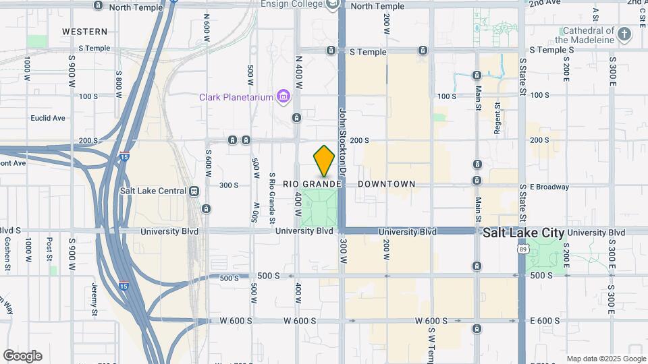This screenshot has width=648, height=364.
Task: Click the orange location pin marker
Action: tap(324, 160)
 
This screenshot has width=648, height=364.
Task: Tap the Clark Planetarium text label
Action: tap(236, 97)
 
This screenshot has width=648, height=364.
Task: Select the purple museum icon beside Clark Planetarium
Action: tap(283, 98)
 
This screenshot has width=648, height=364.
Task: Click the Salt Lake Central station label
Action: tap(153, 191)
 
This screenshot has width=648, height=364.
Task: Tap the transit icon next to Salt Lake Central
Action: tap(194, 191)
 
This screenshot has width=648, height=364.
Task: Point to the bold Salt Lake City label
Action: tap(524, 232)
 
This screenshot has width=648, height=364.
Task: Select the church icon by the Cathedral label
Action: tap(624, 33)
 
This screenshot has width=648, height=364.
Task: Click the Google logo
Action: tap(22, 356)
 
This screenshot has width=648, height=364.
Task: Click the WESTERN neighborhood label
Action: tap(84, 32)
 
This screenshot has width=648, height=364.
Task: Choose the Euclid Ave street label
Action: tap(48, 119)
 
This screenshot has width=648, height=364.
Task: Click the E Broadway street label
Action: tap(549, 187)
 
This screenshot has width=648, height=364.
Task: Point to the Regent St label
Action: tap(497, 118)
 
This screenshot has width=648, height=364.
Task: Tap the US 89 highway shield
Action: tap(522, 249)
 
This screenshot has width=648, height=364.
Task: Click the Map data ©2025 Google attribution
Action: tap(606, 359)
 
